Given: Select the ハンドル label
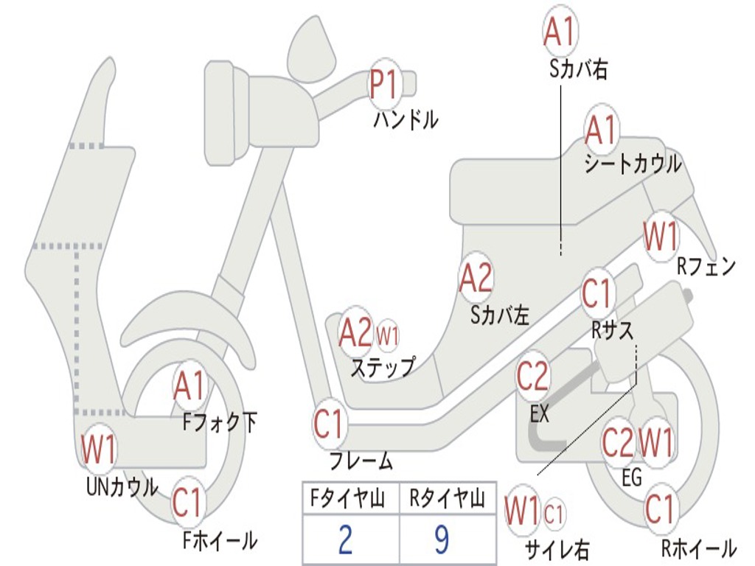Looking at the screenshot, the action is pyautogui.click(x=406, y=119).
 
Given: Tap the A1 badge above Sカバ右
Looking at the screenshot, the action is pyautogui.click(x=559, y=31).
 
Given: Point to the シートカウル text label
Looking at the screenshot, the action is pyautogui.click(x=633, y=164).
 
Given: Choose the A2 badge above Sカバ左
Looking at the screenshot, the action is pyautogui.click(x=476, y=279).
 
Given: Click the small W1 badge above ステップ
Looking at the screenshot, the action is pyautogui.click(x=388, y=336).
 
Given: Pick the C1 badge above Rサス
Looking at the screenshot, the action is pyautogui.click(x=598, y=293).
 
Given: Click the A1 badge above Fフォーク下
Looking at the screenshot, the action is pyautogui.click(x=191, y=386).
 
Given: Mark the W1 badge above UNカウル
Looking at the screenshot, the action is pyautogui.click(x=98, y=449).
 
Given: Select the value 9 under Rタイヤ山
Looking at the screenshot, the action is pyautogui.click(x=442, y=540).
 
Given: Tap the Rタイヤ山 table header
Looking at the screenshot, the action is pyautogui.click(x=447, y=500).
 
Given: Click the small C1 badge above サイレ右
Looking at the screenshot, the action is pyautogui.click(x=554, y=511).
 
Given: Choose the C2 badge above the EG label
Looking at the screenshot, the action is pyautogui.click(x=618, y=442).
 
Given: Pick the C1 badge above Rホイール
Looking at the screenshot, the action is pyautogui.click(x=660, y=509).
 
